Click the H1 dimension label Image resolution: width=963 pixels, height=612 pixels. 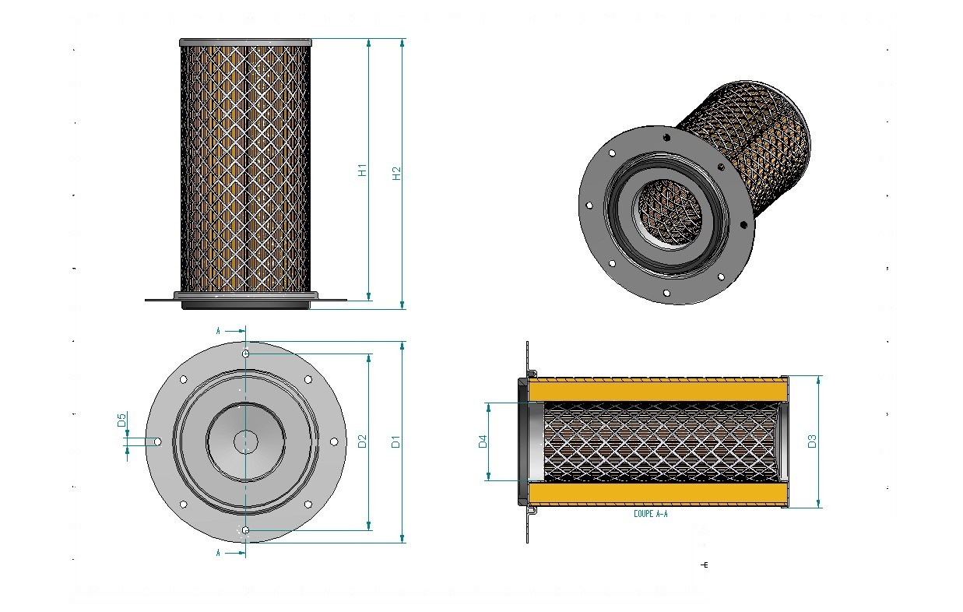pyautogui.click(x=363, y=170)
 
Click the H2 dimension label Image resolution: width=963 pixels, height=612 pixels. pyautogui.click(x=396, y=173)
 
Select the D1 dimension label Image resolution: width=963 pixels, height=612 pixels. pyautogui.click(x=395, y=441)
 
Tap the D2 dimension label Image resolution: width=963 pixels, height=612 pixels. pyautogui.click(x=363, y=441)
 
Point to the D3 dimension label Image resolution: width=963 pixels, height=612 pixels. pyautogui.click(x=812, y=441)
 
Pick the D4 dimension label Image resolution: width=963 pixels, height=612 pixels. pyautogui.click(x=483, y=441)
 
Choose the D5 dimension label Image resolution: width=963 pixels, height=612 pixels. pyautogui.click(x=121, y=420)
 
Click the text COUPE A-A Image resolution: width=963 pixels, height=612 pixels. pyautogui.click(x=651, y=514)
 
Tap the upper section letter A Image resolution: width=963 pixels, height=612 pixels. pyautogui.click(x=218, y=331)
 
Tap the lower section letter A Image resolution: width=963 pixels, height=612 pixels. pyautogui.click(x=218, y=553)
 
